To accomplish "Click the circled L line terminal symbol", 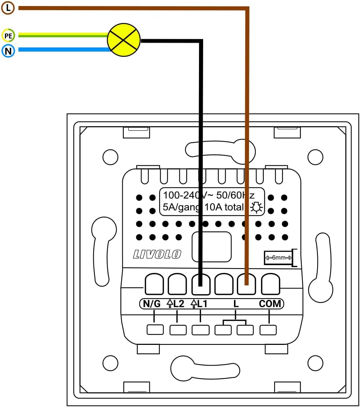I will click(x=8, y=7).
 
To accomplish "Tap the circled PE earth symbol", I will click(x=8, y=36).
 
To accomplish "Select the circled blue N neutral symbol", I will click(x=8, y=50).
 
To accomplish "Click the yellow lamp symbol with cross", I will click(x=124, y=40).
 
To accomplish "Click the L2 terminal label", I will click(x=176, y=304).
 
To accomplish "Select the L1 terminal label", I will click(x=199, y=304).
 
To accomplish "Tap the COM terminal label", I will click(x=270, y=304).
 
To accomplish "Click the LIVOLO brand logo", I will click(x=157, y=255).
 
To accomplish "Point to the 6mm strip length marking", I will click(x=279, y=258).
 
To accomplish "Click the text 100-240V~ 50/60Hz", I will click(x=208, y=195).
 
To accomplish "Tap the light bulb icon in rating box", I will click(x=257, y=207).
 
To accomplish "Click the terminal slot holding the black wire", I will click(x=201, y=284).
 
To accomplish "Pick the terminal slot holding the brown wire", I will click(x=247, y=284).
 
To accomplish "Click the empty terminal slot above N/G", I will click(x=154, y=284).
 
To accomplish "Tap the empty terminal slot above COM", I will click(x=270, y=284).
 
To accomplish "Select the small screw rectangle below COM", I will click(x=268, y=330).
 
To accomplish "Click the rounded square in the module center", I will click(x=211, y=247).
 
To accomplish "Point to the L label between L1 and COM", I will click(x=236, y=304).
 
